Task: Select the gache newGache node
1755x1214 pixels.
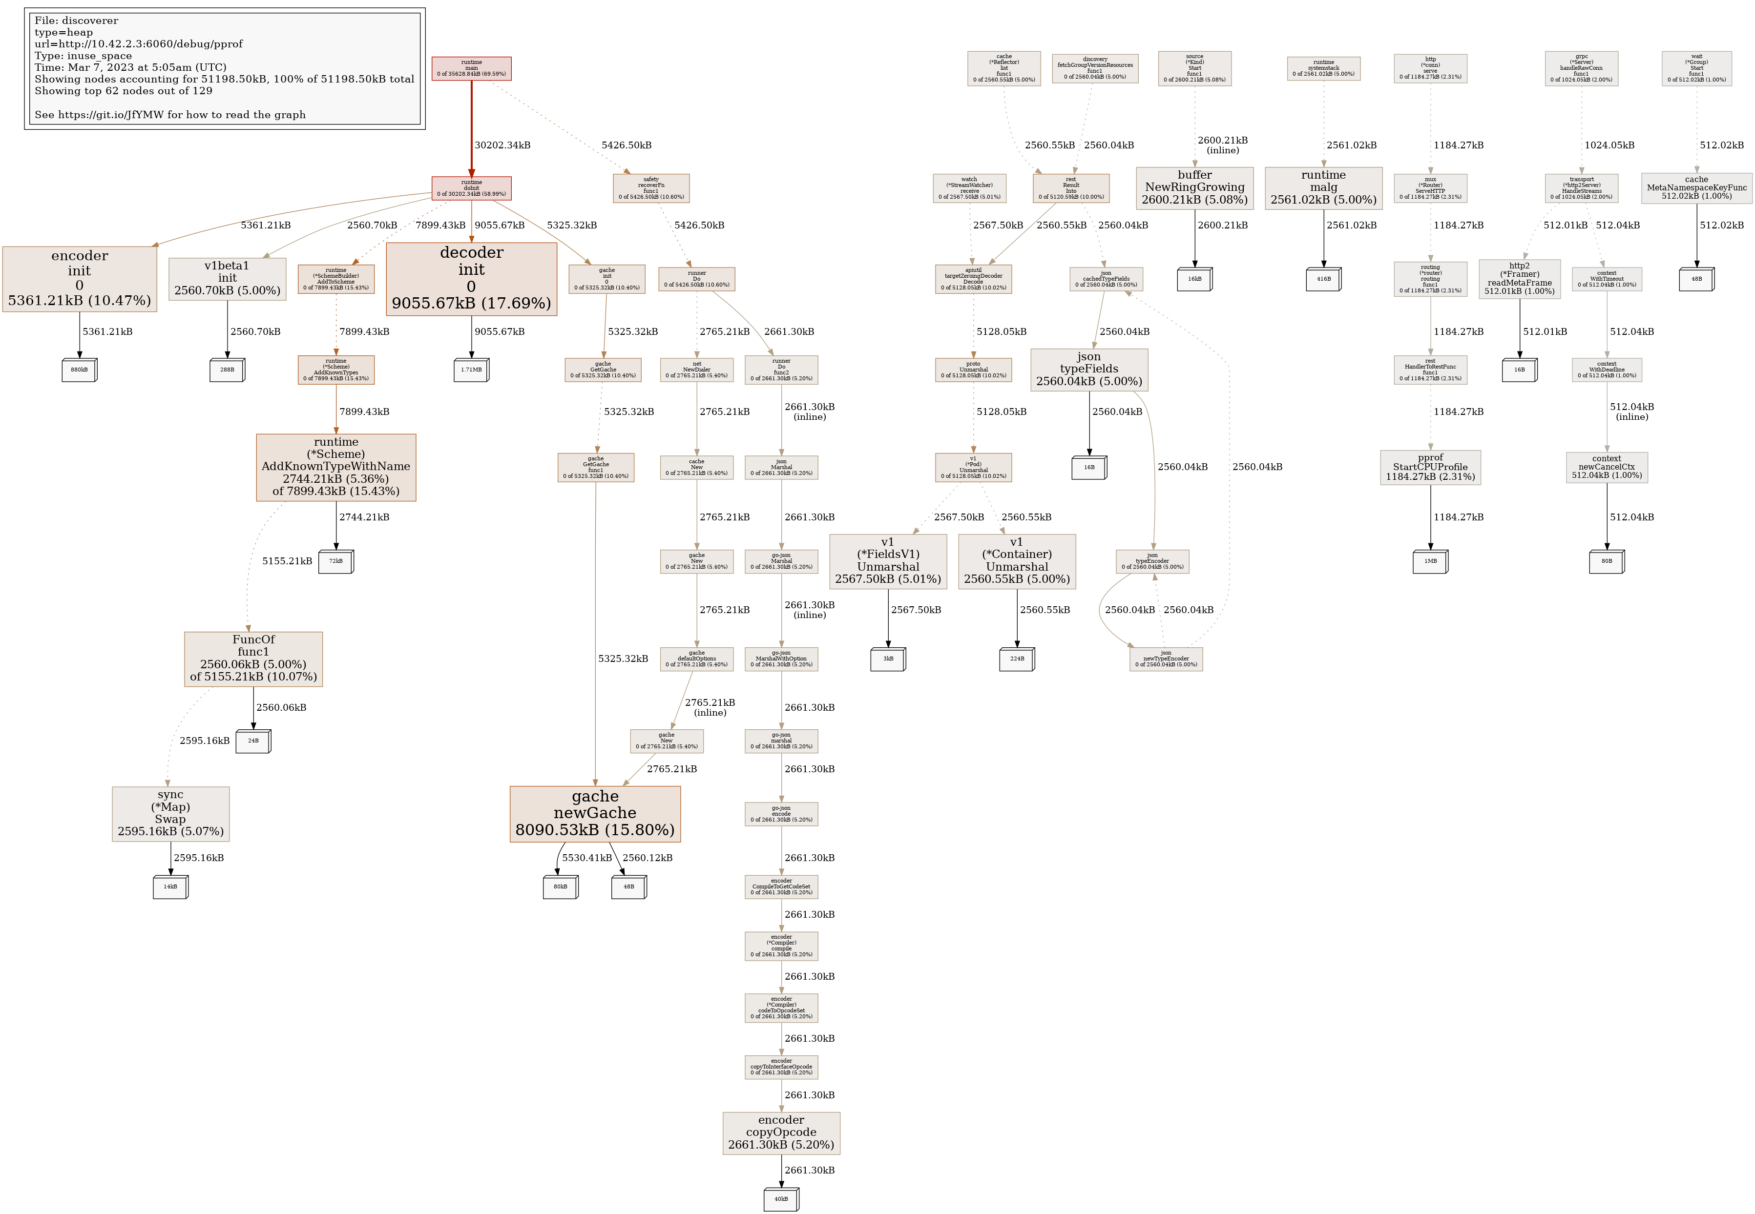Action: [595, 814]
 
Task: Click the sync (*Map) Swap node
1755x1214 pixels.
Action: [170, 814]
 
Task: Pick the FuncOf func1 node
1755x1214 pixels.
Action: [253, 658]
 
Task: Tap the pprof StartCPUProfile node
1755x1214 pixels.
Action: [1430, 467]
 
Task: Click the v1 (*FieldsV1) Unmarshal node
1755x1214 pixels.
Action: [888, 561]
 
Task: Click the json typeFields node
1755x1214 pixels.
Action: [1088, 370]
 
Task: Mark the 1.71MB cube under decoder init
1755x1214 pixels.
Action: [471, 370]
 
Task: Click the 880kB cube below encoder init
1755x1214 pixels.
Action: [79, 370]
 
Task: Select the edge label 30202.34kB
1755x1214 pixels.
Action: [502, 145]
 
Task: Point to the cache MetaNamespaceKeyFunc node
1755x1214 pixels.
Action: [1696, 188]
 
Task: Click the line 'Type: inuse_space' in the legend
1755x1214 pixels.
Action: [83, 56]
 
